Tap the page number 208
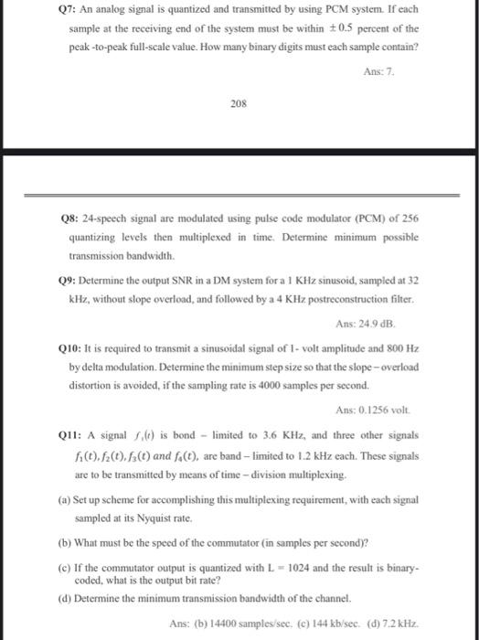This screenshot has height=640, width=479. coord(239,104)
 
